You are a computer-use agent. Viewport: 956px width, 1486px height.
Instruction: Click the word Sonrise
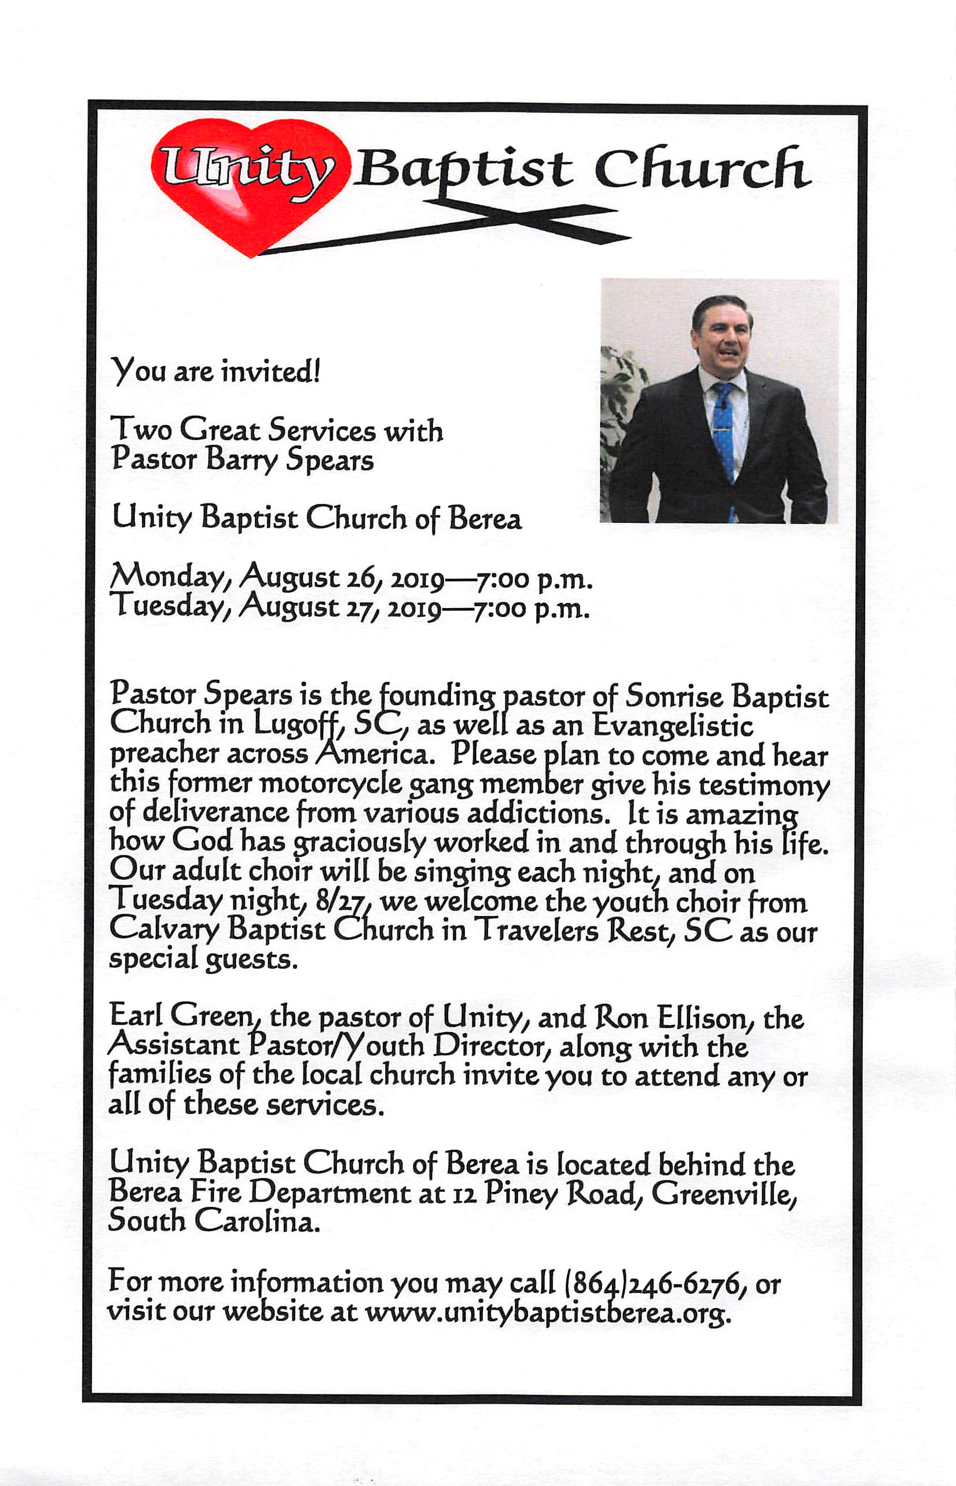pyautogui.click(x=674, y=697)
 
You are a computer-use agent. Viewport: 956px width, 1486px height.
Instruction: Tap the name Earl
pyautogui.click(x=135, y=1016)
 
